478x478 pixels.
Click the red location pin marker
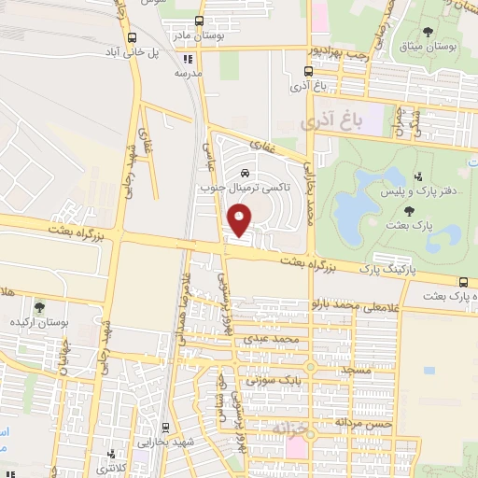[x=240, y=220]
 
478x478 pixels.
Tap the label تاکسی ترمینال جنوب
[x=244, y=187]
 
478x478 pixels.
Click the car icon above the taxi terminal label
[x=244, y=173]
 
